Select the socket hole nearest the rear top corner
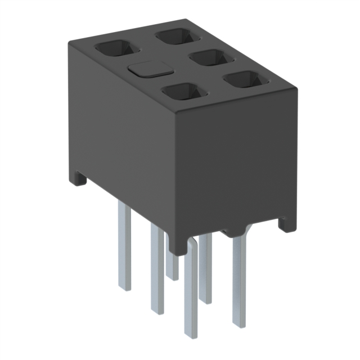[178, 37]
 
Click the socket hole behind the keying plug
[113, 49]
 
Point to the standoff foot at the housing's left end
[78, 179]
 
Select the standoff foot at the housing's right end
[288, 224]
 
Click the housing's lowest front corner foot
[178, 247]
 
